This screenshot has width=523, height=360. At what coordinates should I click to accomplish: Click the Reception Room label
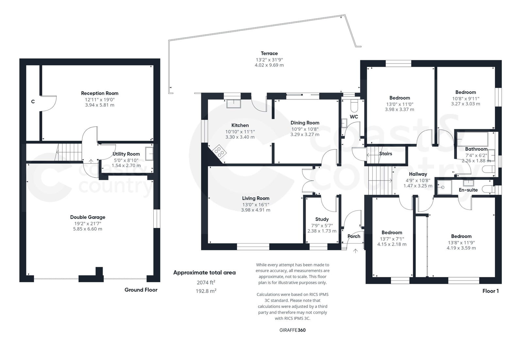click(100, 93)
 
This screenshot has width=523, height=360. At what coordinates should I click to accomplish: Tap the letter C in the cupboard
click(33, 102)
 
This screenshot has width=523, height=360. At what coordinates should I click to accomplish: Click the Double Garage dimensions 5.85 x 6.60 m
click(88, 229)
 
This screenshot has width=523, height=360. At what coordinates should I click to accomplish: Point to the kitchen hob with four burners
click(219, 152)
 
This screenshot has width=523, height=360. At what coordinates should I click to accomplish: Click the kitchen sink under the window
click(233, 103)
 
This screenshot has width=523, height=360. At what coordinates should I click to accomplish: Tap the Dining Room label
click(305, 123)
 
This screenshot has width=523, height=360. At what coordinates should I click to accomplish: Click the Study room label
click(322, 219)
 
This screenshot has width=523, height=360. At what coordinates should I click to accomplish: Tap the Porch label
click(354, 236)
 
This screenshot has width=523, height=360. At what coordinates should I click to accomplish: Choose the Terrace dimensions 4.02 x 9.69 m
click(269, 65)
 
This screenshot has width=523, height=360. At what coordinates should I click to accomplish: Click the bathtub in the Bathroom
click(472, 139)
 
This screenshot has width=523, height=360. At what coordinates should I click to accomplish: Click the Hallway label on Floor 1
click(418, 174)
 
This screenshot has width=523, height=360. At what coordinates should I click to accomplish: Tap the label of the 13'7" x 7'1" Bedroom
click(392, 232)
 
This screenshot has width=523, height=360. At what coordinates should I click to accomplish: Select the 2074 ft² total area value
click(206, 283)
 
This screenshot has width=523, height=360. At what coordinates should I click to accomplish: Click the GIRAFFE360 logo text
click(292, 330)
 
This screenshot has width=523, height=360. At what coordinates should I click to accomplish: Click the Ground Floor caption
click(141, 290)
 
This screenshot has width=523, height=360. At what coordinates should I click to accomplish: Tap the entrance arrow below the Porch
click(355, 251)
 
